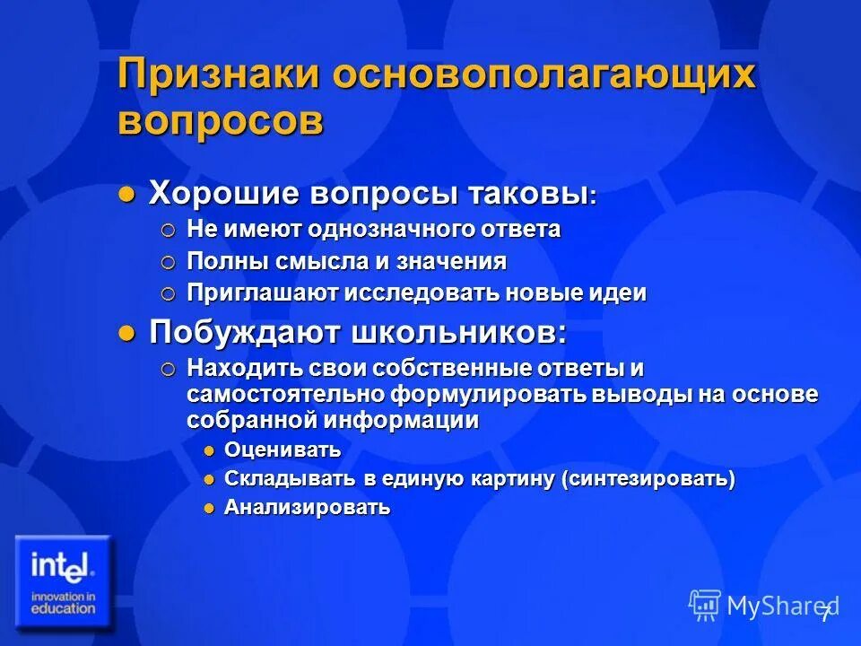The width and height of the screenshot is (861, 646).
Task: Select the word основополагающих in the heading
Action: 544,74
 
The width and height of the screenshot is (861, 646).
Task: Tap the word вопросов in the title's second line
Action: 220,121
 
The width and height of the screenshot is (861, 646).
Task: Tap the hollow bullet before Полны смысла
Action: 170,262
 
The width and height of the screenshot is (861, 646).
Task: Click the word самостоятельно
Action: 287,395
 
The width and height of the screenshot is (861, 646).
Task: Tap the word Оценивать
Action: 283,450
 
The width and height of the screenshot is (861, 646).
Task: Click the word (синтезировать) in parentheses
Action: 648,479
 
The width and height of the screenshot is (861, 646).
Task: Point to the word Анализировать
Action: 307,508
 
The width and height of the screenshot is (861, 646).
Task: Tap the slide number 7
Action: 825,614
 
